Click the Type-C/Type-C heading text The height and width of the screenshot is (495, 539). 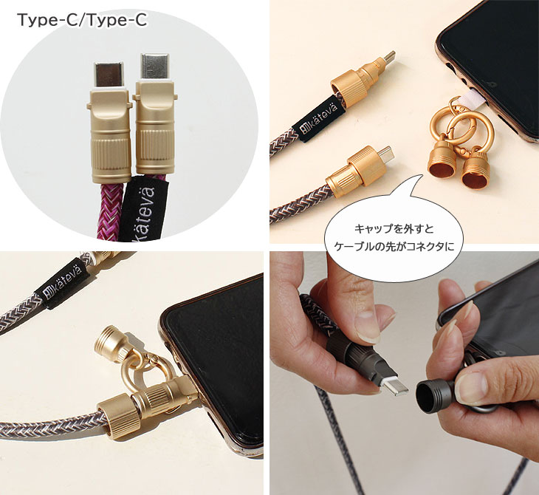coord(82,20)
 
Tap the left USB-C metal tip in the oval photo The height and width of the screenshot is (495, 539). coord(109,75)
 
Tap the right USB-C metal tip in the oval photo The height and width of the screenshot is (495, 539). coord(155,67)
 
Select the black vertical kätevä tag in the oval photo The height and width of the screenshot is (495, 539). coord(146,208)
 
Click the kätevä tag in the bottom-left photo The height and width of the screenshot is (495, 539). coord(62,282)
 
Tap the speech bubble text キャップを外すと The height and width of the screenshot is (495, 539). coord(394,229)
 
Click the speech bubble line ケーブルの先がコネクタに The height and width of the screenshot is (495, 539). coord(394,247)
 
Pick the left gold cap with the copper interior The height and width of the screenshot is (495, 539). coord(442,163)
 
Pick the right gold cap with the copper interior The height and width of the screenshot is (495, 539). coord(475,169)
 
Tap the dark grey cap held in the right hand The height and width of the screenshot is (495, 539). coord(434,395)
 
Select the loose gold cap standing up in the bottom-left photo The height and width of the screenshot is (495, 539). coord(110,344)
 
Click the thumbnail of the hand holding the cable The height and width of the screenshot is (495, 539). coord(405,373)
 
